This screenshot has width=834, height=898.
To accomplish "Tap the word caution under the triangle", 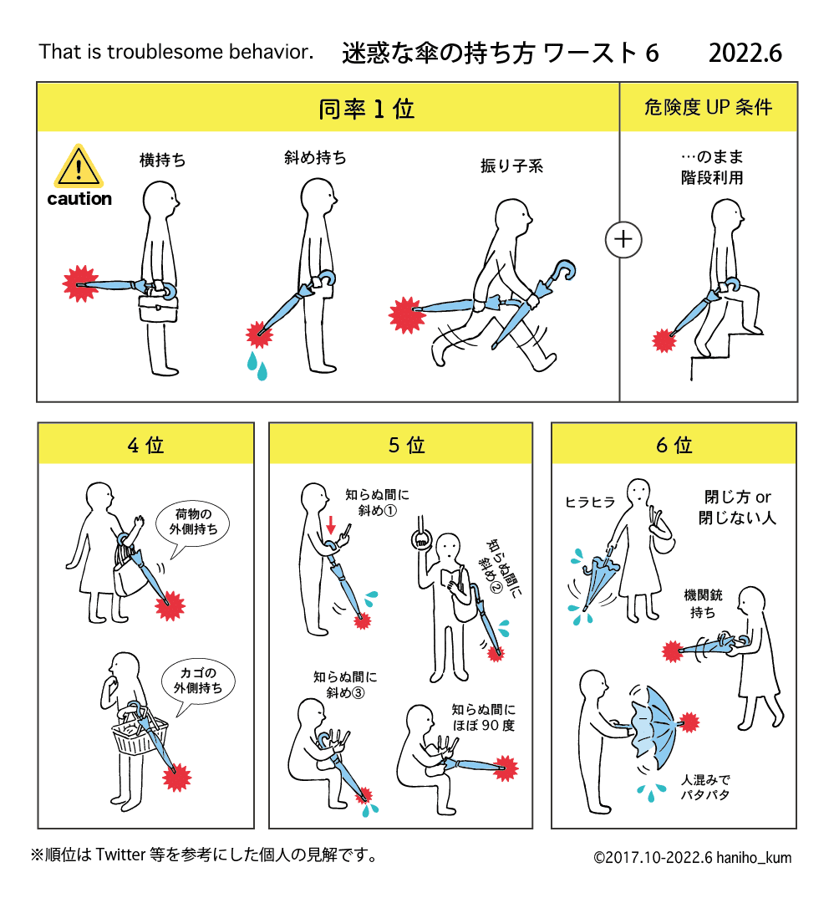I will tap(79, 199).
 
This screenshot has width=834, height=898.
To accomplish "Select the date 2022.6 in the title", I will tap(745, 53).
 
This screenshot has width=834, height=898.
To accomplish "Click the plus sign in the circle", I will tap(623, 240).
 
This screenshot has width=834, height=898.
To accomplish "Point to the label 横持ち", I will tap(162, 160).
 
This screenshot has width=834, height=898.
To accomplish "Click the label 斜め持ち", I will tap(315, 157).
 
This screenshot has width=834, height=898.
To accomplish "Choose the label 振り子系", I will tap(511, 166).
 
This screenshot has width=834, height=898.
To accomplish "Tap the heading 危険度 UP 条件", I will tap(708, 107).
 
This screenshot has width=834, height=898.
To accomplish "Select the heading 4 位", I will tap(145, 445).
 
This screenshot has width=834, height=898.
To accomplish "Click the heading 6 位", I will tap(674, 445).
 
